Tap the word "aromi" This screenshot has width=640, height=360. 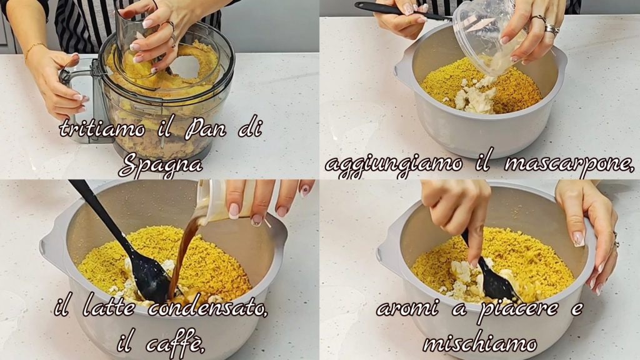406,308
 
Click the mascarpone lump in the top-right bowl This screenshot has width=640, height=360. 476,99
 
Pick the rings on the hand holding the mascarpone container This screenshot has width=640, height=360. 546,24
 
